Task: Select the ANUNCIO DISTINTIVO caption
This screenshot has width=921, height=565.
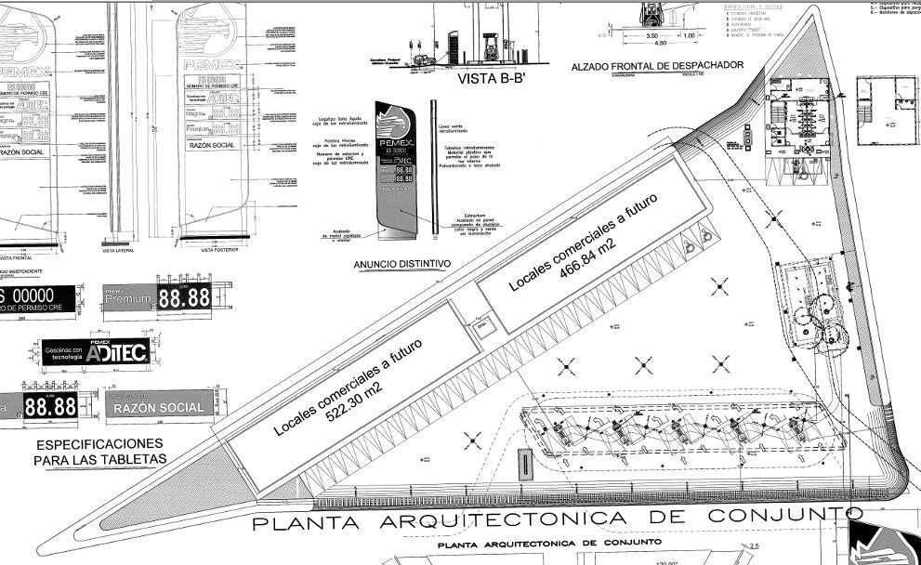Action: pyautogui.click(x=402, y=264)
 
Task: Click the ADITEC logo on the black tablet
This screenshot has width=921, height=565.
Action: pyautogui.click(x=116, y=352)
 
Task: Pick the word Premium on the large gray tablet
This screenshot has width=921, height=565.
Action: pyautogui.click(x=127, y=299)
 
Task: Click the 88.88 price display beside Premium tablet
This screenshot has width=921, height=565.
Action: pyautogui.click(x=184, y=298)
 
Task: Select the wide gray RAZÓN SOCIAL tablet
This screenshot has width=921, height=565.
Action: pyautogui.click(x=157, y=408)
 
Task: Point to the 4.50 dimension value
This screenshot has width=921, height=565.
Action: pyautogui.click(x=662, y=43)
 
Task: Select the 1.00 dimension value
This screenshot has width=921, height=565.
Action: pyautogui.click(x=689, y=35)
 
